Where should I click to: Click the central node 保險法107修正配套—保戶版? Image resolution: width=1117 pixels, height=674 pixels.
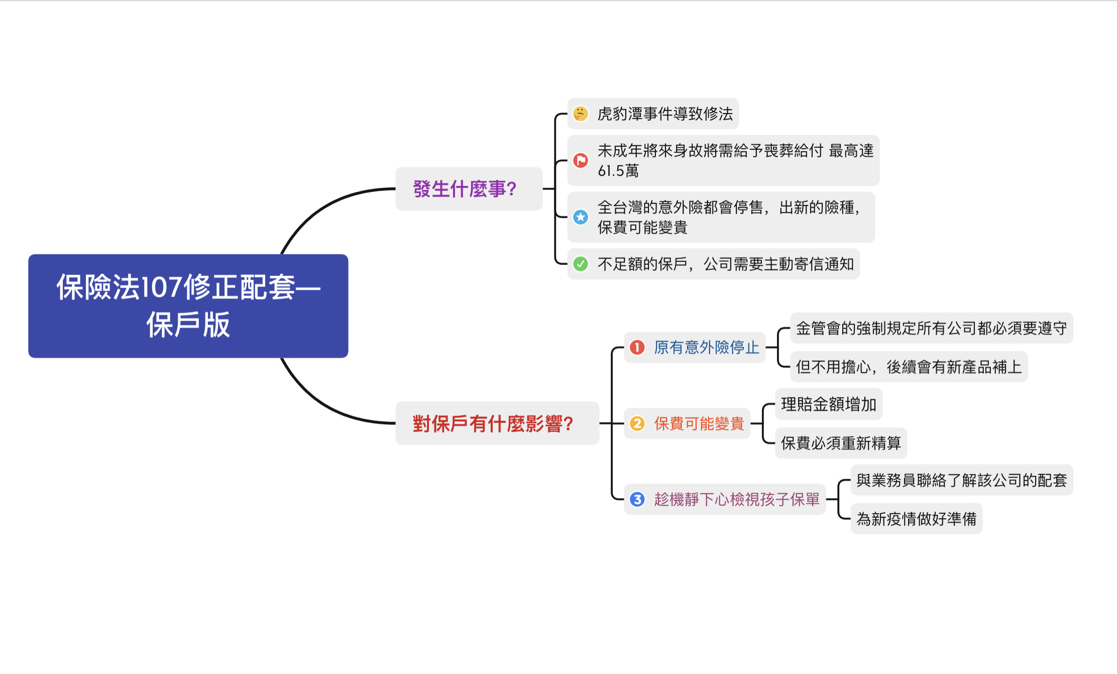[188, 306]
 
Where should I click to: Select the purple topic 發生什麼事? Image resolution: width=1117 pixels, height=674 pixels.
[465, 189]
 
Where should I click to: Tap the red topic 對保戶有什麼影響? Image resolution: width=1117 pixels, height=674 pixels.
[493, 424]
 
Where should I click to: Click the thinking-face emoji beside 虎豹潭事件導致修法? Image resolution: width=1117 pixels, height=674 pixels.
[581, 114]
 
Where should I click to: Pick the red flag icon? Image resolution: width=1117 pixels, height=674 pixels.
[581, 160]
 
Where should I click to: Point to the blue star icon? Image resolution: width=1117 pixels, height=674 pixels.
[581, 217]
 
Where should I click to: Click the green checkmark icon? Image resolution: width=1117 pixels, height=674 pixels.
[581, 264]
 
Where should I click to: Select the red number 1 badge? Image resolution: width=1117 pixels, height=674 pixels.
[637, 347]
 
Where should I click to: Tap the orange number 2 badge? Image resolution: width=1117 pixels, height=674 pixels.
[637, 424]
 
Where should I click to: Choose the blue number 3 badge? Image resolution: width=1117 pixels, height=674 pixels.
[637, 499]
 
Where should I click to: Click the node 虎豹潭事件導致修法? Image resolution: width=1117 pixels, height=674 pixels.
[665, 114]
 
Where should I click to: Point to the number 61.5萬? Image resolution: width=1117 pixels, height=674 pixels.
[618, 171]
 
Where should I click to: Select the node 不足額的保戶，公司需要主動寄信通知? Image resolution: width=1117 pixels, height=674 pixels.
[725, 264]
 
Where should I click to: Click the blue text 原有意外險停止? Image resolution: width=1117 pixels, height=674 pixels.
[706, 347]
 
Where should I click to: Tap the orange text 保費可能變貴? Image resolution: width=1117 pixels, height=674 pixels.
[699, 424]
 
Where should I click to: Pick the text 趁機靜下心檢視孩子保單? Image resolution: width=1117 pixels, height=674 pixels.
[736, 499]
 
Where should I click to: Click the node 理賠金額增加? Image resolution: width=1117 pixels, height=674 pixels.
[828, 404]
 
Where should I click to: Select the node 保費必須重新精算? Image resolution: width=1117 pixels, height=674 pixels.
[840, 443]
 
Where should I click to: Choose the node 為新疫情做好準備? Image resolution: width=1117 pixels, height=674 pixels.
[916, 519]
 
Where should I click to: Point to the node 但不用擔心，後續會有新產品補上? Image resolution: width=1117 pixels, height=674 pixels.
[909, 367]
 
